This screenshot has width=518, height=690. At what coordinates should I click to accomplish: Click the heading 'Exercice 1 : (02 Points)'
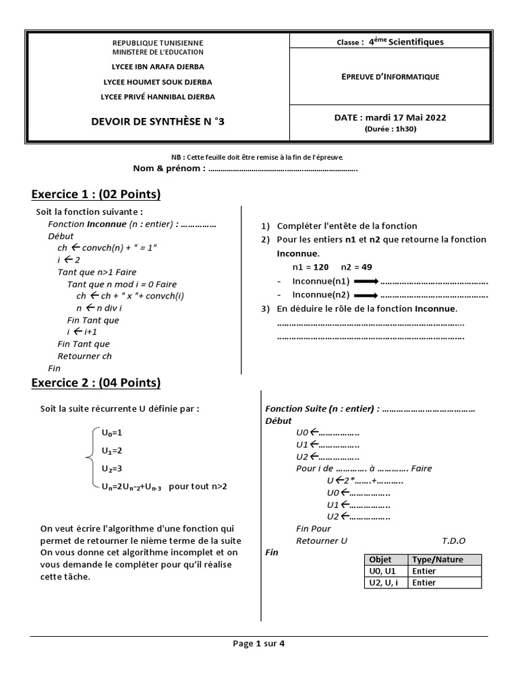click(96, 195)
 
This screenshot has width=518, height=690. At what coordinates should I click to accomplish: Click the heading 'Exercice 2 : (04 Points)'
click(96, 383)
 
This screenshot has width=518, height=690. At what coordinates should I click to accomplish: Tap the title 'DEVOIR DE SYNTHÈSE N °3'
click(156, 122)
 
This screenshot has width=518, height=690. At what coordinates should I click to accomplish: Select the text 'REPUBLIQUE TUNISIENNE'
click(157, 42)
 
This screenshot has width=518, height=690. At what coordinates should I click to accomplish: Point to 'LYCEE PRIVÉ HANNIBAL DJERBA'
click(157, 96)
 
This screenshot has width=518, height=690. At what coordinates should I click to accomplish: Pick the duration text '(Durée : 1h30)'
click(391, 129)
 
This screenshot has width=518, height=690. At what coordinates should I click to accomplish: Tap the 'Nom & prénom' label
click(169, 168)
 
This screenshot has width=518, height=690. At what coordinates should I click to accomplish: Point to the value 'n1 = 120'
click(310, 267)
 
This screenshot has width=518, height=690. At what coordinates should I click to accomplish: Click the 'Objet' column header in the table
click(380, 559)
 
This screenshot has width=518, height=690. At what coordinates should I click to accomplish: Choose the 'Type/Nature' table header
click(437, 559)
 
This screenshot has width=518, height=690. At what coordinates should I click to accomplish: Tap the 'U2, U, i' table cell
click(384, 583)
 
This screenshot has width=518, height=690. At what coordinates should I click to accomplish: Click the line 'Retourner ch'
click(84, 356)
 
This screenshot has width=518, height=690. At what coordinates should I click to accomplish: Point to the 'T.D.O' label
click(453, 541)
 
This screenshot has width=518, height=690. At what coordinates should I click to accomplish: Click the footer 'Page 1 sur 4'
click(259, 644)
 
